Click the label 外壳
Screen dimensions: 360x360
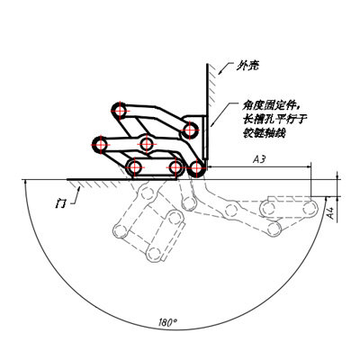(x=247, y=66)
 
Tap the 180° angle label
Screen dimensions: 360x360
(x=167, y=322)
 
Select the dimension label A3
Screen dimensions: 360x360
(x=259, y=159)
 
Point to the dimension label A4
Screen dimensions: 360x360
(x=330, y=212)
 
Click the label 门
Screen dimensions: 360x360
(x=60, y=203)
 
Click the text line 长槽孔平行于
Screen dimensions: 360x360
(x=274, y=120)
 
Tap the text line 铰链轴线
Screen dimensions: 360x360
(x=264, y=133)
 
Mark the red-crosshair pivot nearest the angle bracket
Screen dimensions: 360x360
(x=190, y=130)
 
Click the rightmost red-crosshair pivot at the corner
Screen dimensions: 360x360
(x=196, y=168)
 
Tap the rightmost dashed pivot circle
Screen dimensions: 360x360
(x=310, y=208)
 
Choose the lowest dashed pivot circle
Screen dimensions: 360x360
(x=154, y=254)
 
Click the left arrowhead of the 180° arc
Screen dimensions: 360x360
(x=25, y=182)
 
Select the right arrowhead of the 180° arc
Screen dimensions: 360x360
(x=328, y=198)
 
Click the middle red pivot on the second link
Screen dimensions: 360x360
(x=146, y=144)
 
